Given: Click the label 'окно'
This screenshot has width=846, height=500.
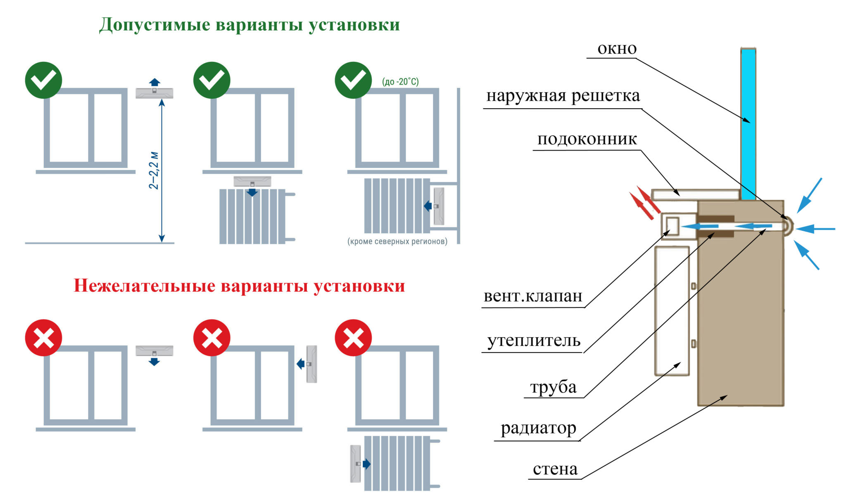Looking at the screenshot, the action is coord(617,49).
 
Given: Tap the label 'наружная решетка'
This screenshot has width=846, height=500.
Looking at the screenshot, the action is coord(563,96).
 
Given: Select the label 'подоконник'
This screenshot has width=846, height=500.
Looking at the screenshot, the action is coord(587,140).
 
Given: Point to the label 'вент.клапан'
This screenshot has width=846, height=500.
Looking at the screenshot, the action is coord(533,296).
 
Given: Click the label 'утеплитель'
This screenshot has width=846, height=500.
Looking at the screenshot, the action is coord(534,341).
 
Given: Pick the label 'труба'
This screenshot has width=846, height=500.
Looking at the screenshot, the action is coord(553,387).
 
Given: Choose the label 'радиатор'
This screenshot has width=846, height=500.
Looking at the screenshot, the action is coord(538,429).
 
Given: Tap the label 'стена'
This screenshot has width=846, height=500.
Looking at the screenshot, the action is coord(555,469).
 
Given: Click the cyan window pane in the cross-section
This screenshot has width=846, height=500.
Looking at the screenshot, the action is coord(748,124).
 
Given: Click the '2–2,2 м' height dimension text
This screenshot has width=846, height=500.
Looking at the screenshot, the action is coord(153,170).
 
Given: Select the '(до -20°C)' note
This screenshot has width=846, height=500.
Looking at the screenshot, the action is coord(400,81).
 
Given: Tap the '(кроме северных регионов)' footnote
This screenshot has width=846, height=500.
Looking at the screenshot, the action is coord(397,241).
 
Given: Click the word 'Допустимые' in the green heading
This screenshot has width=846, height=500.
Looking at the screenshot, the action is coord(155,25).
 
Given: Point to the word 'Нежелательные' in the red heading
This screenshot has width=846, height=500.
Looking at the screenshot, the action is coord(145,286).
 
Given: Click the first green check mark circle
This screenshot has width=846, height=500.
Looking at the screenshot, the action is coord(43,80).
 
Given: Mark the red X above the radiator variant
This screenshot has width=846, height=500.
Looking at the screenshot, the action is coord(353,338).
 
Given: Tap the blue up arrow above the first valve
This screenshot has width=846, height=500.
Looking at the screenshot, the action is coord(154,82).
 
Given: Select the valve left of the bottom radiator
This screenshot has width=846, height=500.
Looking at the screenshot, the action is coord(355,464).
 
